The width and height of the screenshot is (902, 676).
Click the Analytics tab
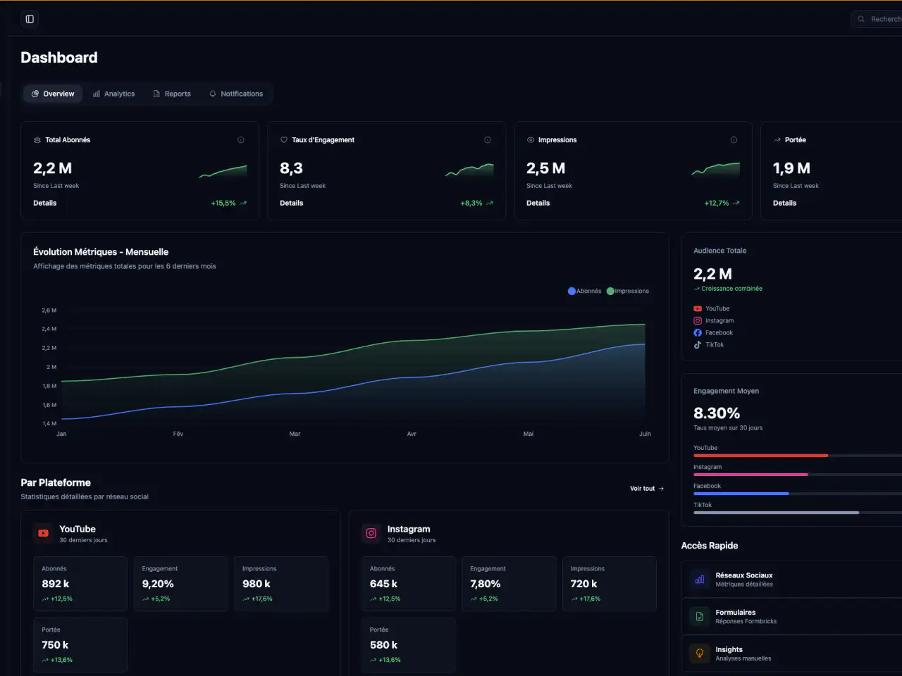(114, 94)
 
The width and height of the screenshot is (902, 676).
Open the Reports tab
(172, 94)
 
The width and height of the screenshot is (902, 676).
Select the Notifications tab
(236, 94)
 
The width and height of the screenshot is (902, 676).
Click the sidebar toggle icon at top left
(30, 19)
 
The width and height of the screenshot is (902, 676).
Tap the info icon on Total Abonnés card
(241, 140)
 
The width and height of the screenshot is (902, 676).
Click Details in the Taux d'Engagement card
(291, 204)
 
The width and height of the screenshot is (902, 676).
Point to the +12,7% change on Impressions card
(717, 204)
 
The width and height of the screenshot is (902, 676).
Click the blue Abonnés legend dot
(572, 291)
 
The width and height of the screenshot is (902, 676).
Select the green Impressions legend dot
(610, 291)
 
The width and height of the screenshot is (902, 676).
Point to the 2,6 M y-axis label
(49, 311)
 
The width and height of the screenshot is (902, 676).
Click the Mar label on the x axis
(295, 434)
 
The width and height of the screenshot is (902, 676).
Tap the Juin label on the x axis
(645, 434)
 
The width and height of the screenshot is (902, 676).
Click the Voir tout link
(647, 489)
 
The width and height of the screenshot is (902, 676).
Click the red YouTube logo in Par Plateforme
(43, 533)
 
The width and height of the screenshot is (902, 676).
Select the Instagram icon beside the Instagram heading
(371, 533)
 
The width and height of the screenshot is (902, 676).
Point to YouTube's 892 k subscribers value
(56, 584)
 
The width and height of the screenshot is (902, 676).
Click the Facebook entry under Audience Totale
(713, 333)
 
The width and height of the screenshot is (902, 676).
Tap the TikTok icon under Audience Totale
(698, 345)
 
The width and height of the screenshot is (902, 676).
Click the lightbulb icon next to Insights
(700, 653)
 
